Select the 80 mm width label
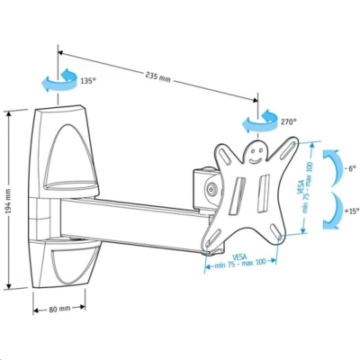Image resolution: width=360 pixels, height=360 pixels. click(x=58, y=309)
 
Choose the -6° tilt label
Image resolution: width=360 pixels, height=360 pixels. click(x=350, y=167)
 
